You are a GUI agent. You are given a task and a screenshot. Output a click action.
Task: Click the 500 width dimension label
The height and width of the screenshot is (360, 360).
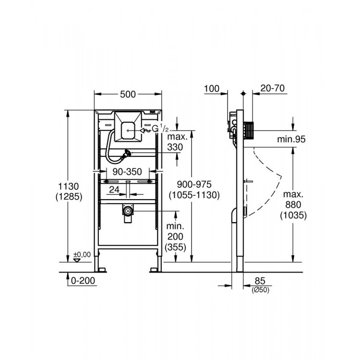click(128, 95)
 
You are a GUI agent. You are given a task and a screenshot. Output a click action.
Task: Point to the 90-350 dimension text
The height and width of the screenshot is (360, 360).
click(127, 171)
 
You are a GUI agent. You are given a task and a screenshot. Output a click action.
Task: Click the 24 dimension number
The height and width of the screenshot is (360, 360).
click(113, 190)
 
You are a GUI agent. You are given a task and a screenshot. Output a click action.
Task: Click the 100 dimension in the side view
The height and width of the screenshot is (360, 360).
click(211, 88)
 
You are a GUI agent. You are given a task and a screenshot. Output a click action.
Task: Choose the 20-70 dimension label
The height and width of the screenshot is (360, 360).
click(271, 88)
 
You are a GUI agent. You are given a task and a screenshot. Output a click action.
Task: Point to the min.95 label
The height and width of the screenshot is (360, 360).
click(291, 140)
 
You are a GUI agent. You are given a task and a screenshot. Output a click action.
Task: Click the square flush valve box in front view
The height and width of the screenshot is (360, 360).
click(127, 127)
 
